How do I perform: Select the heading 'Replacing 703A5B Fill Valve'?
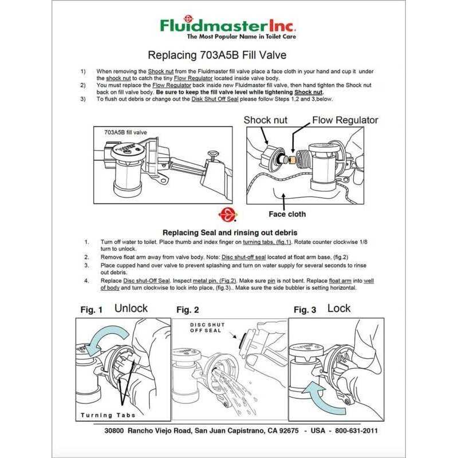point(217,56)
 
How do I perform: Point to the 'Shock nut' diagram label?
point(266,120)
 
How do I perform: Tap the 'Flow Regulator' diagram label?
point(345,120)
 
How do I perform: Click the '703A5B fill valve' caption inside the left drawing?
point(125,132)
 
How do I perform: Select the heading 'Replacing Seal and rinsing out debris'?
point(230,232)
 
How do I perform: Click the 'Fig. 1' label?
point(92,310)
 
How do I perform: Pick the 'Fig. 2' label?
point(188,310)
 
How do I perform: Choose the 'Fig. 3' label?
point(305,310)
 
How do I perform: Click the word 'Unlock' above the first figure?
point(131,308)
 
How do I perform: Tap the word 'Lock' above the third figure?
point(339,308)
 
